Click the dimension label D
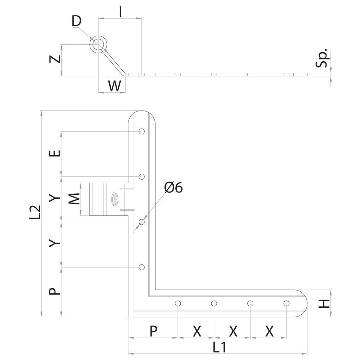click(x=76, y=21)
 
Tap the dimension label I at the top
click(x=121, y=12)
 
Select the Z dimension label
click(x=55, y=59)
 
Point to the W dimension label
click(x=114, y=86)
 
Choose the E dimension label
click(x=55, y=153)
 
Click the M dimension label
click(x=75, y=199)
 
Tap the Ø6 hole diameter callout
click(x=174, y=187)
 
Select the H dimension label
click(x=324, y=304)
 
